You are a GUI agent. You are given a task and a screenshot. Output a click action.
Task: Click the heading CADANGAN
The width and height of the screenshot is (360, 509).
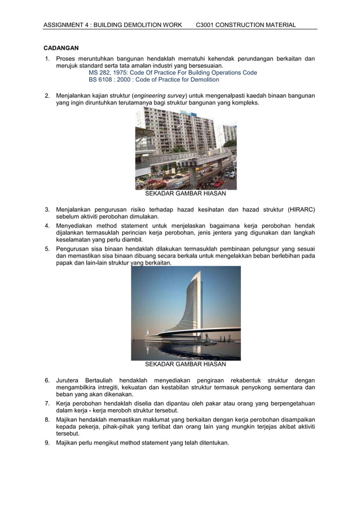pos(62,48)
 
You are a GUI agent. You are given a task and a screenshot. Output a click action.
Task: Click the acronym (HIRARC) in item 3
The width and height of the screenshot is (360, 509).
pos(301,210)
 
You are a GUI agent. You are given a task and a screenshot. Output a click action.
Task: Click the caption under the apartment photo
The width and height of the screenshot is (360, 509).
pos(186,194)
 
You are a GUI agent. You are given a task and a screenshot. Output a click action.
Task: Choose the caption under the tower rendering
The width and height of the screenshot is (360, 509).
pos(186,365)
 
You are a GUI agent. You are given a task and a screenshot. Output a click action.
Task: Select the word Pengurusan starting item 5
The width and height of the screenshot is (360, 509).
pos(74,249)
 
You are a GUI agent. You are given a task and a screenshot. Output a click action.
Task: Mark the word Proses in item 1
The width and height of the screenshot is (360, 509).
pos(67,59)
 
